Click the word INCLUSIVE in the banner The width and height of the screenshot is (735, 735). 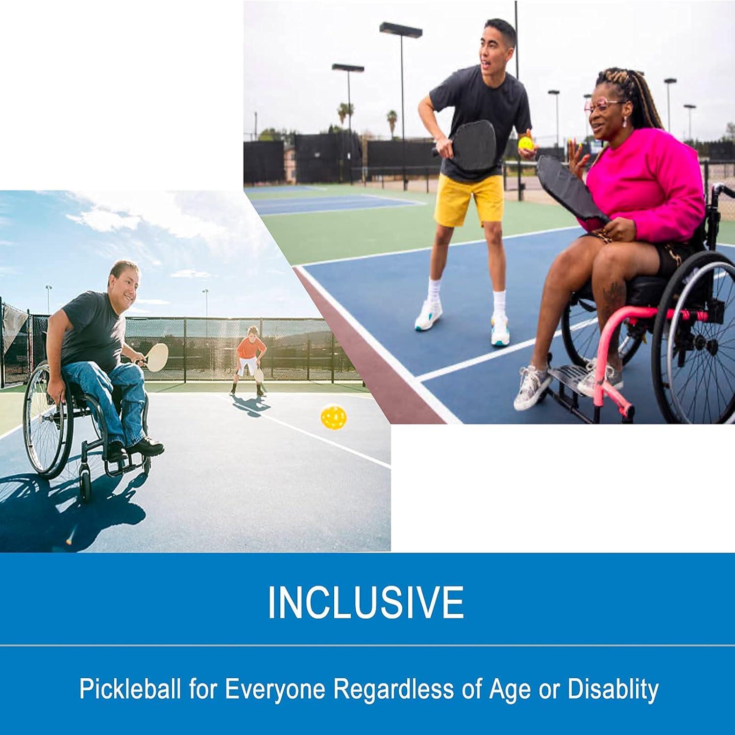(x=365, y=603)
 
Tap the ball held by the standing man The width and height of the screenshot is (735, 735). (x=525, y=144)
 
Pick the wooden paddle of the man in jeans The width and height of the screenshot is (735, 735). (x=157, y=355)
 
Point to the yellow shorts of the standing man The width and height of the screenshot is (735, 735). (x=468, y=199)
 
